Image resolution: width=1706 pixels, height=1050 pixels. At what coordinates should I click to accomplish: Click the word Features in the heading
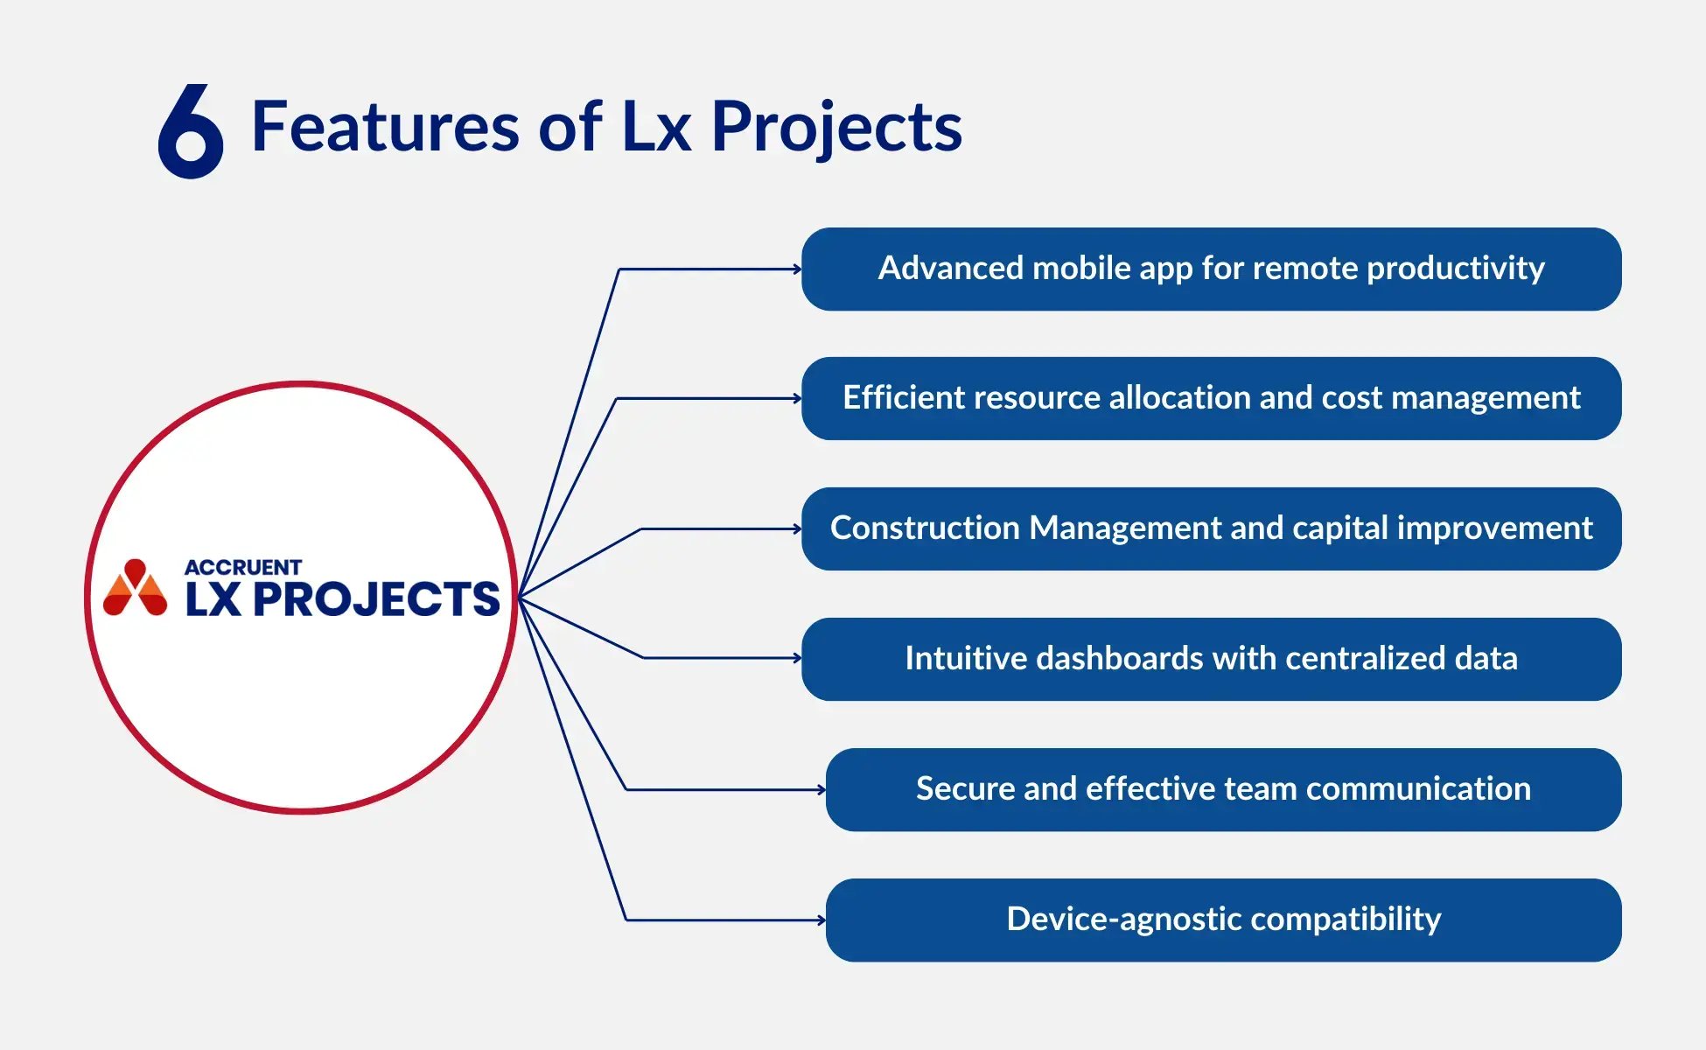pos(385,127)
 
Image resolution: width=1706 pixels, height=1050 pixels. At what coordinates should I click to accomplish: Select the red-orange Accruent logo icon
pos(135,589)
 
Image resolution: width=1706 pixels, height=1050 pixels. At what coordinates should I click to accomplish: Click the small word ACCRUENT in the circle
pos(242,567)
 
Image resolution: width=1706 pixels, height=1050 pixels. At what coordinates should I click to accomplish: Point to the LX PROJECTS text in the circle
pos(342,600)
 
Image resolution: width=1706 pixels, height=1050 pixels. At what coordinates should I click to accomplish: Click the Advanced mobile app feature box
pos(1211,269)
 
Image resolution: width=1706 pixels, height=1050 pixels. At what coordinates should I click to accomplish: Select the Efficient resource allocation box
pos(1211,398)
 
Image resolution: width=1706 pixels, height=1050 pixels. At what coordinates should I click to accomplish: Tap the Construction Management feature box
pos(1211,528)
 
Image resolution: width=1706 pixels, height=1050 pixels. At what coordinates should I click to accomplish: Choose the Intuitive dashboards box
pos(1211,659)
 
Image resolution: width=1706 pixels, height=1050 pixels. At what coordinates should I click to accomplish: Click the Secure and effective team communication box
pos(1223,789)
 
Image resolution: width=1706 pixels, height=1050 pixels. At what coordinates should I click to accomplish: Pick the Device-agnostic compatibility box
pos(1223,920)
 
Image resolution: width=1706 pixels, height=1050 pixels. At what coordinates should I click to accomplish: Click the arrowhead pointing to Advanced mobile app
pos(797,269)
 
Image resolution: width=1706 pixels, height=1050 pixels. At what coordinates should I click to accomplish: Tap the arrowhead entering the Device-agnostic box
pos(822,920)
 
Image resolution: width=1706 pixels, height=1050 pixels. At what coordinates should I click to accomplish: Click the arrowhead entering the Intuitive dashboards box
pos(797,658)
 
